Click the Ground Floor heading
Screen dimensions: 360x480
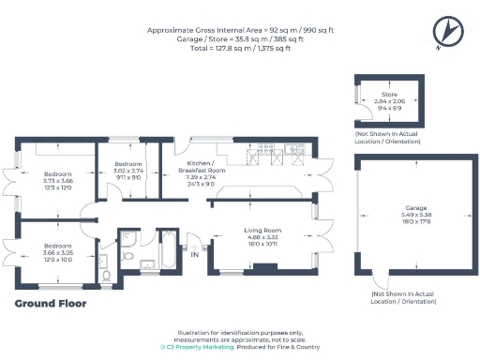[x=51, y=303]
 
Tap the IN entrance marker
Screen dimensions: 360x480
[x=195, y=254]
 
